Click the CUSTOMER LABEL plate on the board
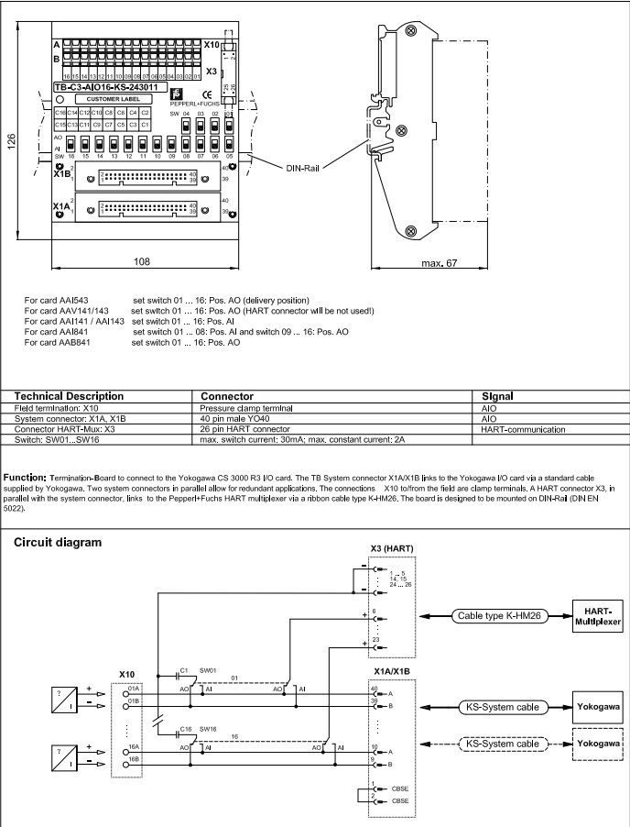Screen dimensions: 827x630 (111, 98)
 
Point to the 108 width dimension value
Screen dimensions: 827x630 (142, 261)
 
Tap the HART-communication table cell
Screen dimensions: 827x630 (522, 428)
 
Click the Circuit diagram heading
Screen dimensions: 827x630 (57, 542)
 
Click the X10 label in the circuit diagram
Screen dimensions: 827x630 (127, 674)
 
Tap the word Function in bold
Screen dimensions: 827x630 (30, 478)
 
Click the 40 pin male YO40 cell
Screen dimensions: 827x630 (243, 418)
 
